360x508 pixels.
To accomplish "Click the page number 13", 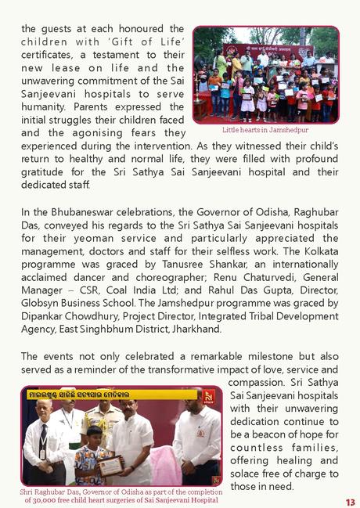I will tap(350, 501).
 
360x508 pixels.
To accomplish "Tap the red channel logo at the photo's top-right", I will tap(208, 396).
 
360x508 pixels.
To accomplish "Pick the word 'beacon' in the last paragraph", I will tap(270, 434).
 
